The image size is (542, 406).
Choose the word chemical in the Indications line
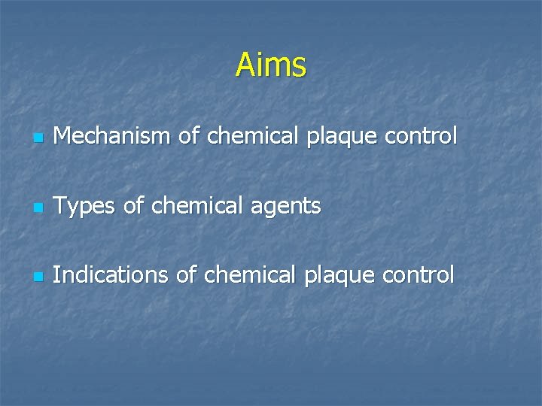pyautogui.click(x=251, y=275)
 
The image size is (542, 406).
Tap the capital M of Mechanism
pyautogui.click(x=64, y=136)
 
